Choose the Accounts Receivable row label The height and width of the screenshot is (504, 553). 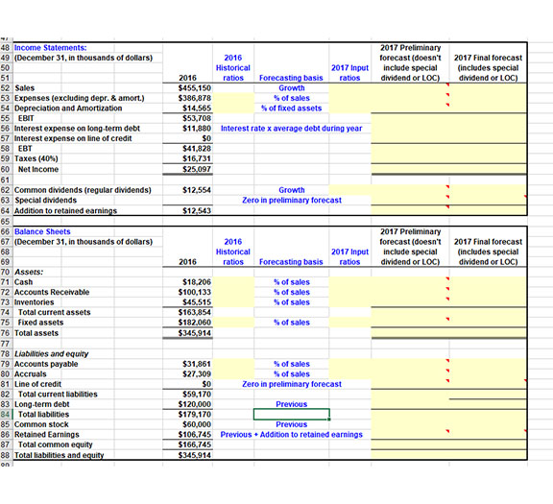click(53, 292)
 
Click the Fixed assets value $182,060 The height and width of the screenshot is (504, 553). click(196, 323)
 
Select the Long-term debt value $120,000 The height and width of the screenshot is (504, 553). click(195, 404)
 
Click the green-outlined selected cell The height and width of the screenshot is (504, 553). click(291, 415)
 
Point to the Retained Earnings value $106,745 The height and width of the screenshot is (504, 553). click(195, 435)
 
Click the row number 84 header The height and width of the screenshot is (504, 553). click(6, 415)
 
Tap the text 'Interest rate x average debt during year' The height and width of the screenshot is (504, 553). click(291, 128)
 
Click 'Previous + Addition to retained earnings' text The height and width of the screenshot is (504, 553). click(291, 435)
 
